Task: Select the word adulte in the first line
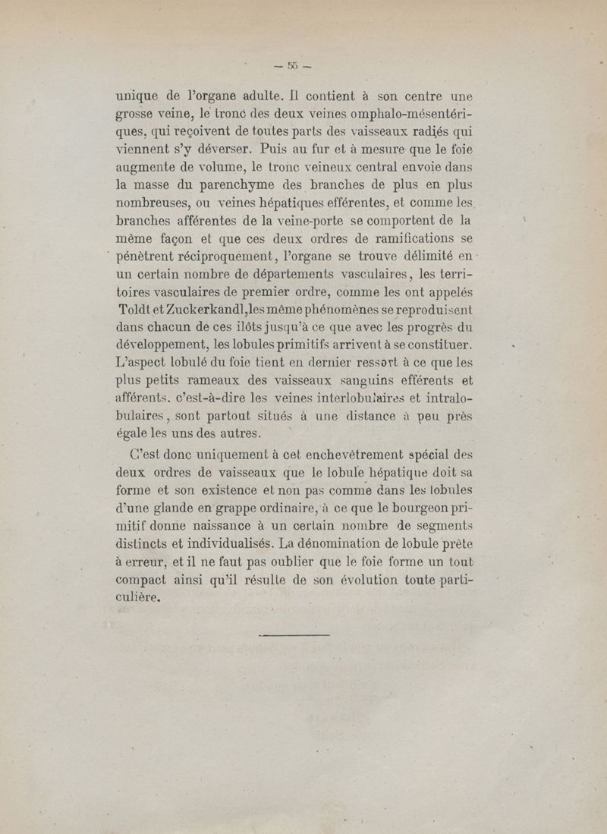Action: (x=241, y=97)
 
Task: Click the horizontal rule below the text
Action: (x=295, y=634)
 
